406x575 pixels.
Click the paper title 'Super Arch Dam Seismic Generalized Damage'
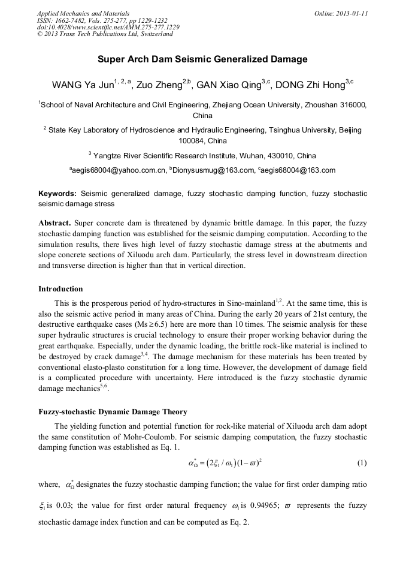coord(202,59)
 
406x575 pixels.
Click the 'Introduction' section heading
coord(60,289)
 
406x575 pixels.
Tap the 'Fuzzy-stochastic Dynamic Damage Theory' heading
coord(113,412)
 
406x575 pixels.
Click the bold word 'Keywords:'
coord(57,194)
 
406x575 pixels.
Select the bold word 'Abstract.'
coord(54,222)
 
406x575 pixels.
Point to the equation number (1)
coord(361,463)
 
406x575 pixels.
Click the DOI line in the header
coord(108,27)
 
